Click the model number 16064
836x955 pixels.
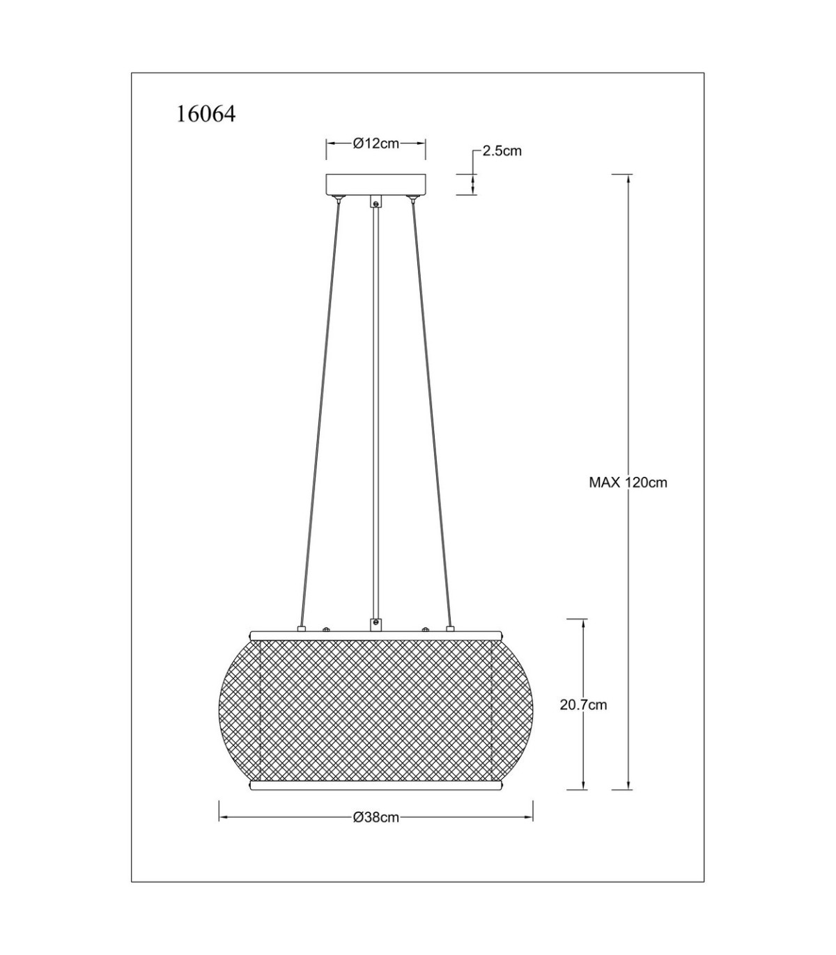[x=206, y=114]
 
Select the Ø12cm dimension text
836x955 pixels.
[x=376, y=143]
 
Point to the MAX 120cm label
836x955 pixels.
[x=628, y=482]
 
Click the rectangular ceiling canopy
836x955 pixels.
[x=376, y=184]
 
